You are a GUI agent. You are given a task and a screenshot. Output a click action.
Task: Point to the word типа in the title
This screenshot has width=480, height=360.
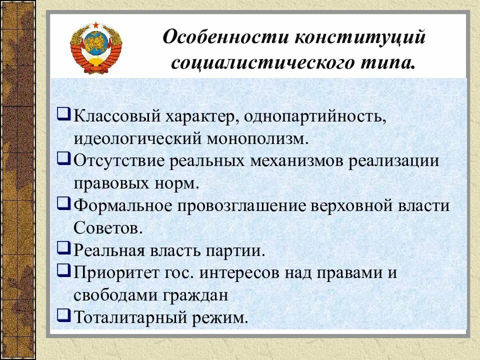click(x=391, y=64)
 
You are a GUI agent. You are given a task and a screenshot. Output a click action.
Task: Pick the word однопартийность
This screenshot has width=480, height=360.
click(x=309, y=116)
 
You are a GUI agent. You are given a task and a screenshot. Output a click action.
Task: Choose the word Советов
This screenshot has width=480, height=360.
click(x=104, y=227)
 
